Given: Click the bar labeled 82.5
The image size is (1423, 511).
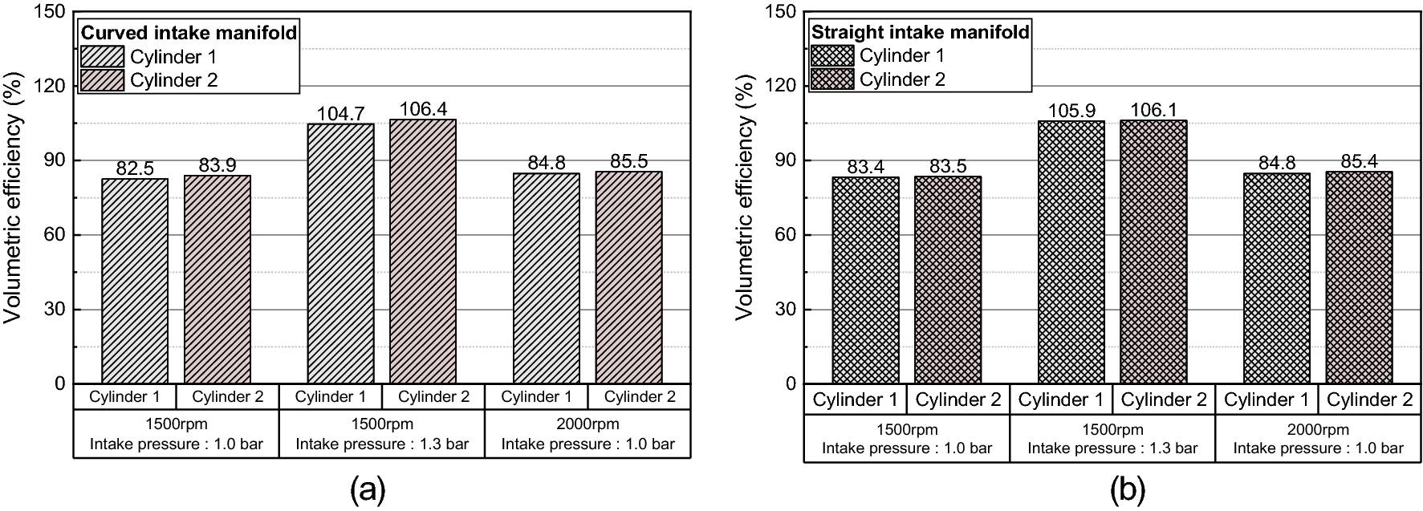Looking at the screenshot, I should (x=135, y=281).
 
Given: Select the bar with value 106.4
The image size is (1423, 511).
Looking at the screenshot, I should (x=423, y=251).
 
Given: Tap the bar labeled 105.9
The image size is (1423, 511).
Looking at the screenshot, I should (x=1071, y=252).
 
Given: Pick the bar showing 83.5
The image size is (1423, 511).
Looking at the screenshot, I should (x=948, y=280).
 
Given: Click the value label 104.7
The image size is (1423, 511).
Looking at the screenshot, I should (x=341, y=114).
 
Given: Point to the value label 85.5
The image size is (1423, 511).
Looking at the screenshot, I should (x=628, y=161).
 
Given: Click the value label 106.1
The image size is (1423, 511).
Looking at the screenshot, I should (x=1153, y=110).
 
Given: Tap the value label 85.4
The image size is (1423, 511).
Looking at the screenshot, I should (x=1359, y=162).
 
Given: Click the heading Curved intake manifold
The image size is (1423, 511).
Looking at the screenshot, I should (x=189, y=33).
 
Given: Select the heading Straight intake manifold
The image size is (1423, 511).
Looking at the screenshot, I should (x=920, y=32).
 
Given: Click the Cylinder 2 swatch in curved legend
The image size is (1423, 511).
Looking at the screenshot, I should (x=103, y=80).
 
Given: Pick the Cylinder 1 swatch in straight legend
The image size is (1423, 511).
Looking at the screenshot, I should (x=832, y=55).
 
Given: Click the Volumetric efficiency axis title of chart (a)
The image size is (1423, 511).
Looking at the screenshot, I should (x=14, y=197).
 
